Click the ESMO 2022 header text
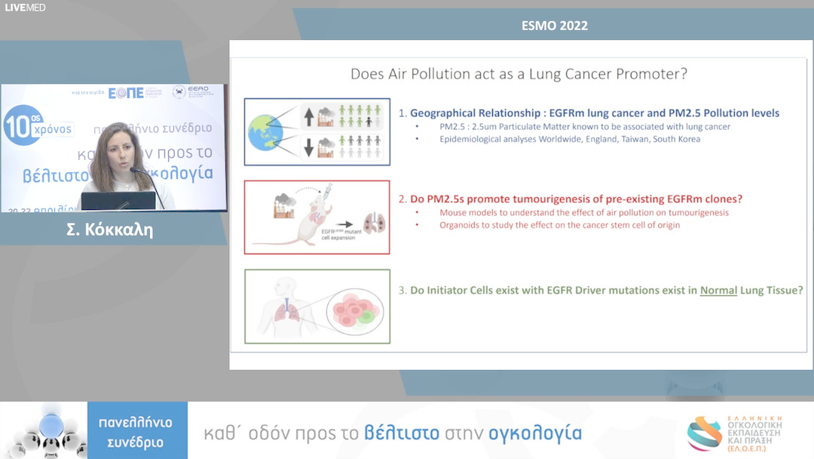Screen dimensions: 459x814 [x=555, y=26]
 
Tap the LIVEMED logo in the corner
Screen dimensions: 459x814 [x=25, y=8]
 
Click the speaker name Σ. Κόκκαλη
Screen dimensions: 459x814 [x=110, y=229]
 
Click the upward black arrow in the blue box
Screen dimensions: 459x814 [x=308, y=116]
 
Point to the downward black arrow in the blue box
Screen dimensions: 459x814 [x=308, y=146]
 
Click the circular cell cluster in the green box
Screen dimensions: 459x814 [x=355, y=309]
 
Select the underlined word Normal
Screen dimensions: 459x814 [x=718, y=290]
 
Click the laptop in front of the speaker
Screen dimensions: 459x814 [x=118, y=201]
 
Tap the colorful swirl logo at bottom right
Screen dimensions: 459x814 [x=704, y=433]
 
